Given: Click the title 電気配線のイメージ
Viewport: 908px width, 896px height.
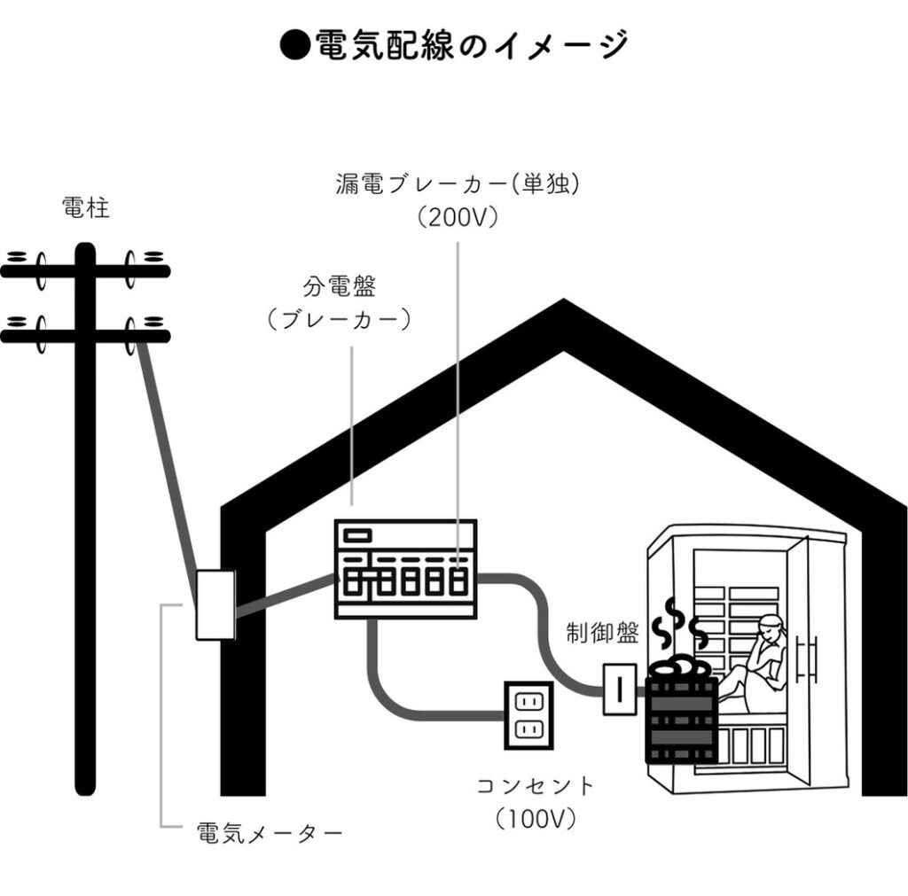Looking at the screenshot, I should tap(454, 44).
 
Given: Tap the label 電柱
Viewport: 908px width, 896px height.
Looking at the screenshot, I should tap(86, 209).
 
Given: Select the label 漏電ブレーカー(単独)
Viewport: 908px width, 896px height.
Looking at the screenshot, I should tap(458, 184).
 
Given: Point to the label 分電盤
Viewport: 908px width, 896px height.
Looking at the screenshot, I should tap(340, 287).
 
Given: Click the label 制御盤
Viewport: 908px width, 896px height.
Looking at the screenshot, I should tap(602, 635).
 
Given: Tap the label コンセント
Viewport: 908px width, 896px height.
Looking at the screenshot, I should tap(536, 785).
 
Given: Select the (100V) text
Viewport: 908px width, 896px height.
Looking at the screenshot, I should tap(536, 817).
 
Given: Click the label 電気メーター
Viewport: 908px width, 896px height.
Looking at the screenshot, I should tap(269, 834).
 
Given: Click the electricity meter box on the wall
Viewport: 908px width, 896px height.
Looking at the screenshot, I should tap(215, 604).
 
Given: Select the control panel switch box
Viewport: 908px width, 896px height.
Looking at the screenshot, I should tap(619, 689).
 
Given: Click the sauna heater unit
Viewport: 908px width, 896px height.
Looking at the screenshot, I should tap(680, 718).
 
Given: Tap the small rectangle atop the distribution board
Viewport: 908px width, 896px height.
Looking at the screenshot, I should tap(357, 535).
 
